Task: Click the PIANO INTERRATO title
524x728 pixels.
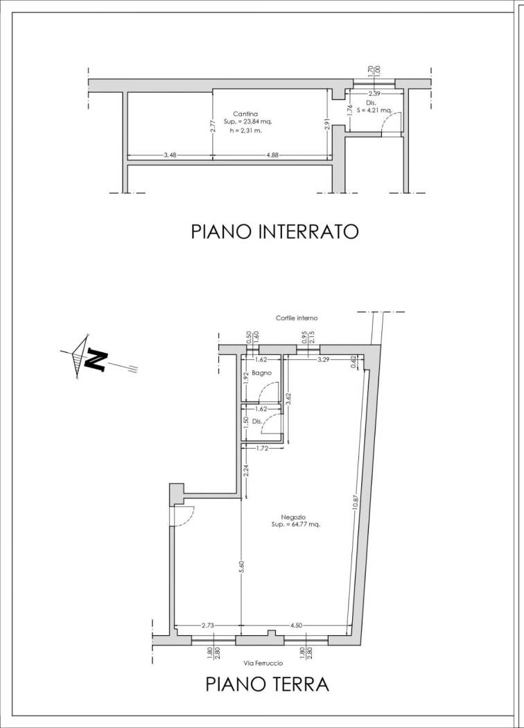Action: coord(274,231)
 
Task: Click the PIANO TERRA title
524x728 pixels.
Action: coord(267,684)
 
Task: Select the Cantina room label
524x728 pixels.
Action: coord(246,113)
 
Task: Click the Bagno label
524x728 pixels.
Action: coord(261,373)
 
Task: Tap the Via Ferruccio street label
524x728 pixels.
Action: coord(264,663)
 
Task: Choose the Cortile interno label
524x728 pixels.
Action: coord(296,318)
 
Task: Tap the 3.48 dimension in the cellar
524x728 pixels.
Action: coord(170,155)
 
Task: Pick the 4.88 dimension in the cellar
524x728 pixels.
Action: coord(272,155)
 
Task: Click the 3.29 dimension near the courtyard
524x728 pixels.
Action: coord(323,360)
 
